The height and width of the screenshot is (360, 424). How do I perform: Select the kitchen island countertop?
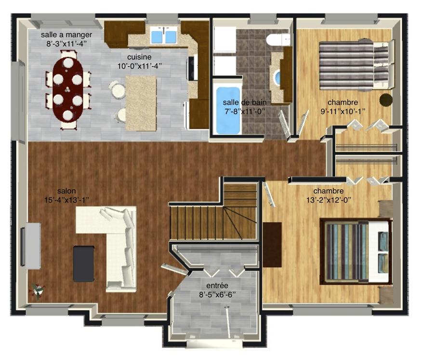[x=141, y=103]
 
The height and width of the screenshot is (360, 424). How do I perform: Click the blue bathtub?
[x=228, y=110]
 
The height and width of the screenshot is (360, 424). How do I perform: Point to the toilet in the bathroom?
[x=278, y=40]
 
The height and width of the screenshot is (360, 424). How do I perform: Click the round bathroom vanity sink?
[x=278, y=78]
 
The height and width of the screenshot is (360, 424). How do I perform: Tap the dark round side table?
[x=385, y=100]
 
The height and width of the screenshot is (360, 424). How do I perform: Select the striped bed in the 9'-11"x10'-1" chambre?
[x=357, y=65]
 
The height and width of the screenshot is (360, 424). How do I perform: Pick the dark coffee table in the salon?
[x=84, y=263]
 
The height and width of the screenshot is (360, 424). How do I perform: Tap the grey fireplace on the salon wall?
[x=31, y=246]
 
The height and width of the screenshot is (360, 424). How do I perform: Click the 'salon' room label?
[x=66, y=191]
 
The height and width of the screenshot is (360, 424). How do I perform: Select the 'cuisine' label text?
[x=139, y=57]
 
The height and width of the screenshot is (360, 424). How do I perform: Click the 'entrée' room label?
[x=217, y=286]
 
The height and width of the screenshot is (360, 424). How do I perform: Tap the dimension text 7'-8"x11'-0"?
[x=244, y=111]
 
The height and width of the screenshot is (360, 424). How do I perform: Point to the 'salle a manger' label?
[x=66, y=35]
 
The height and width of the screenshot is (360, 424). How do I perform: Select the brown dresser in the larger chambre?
[x=272, y=245]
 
